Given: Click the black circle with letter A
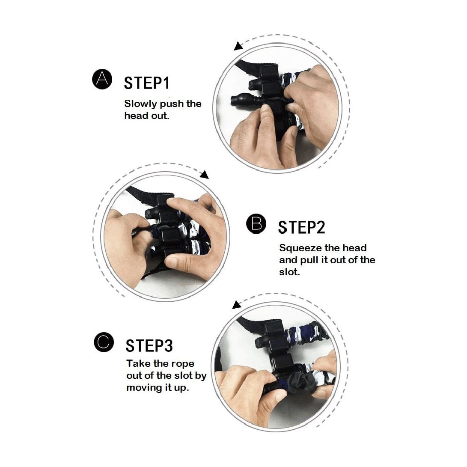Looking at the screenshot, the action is click(x=102, y=79).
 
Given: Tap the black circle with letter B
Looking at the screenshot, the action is click(x=256, y=224).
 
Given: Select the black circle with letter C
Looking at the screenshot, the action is click(x=104, y=342).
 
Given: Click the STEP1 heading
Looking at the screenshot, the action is click(x=146, y=83).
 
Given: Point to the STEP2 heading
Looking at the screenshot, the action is click(x=301, y=228).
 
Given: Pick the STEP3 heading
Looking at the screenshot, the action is click(x=149, y=346).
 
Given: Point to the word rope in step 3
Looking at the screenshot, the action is click(x=183, y=364).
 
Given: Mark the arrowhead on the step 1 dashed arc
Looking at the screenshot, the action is click(x=238, y=46).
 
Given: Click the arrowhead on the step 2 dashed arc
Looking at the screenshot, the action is click(x=204, y=174).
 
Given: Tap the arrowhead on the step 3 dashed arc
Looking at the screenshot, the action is click(x=236, y=305).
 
